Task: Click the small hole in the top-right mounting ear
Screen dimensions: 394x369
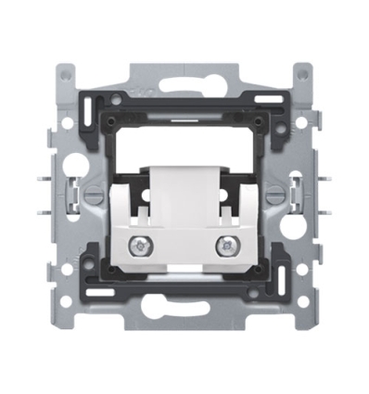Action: point(301,72)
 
